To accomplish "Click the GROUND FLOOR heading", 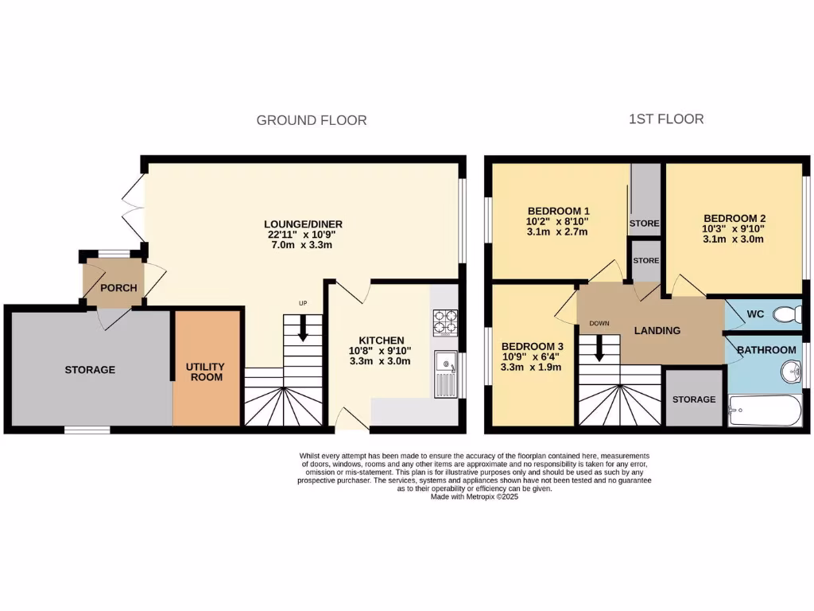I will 311,120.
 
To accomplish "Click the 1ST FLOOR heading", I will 665,119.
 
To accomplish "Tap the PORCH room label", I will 118,288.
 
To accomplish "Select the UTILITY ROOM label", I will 205,372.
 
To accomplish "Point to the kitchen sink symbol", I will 445,373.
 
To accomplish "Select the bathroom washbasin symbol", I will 790,372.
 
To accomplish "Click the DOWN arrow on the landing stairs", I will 599,347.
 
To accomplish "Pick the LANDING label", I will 657,331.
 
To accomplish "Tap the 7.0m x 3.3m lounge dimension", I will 299,245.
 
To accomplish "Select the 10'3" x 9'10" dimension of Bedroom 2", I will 734,228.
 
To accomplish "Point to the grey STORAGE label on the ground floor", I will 90,369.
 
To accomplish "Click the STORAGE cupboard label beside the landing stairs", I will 694,399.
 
